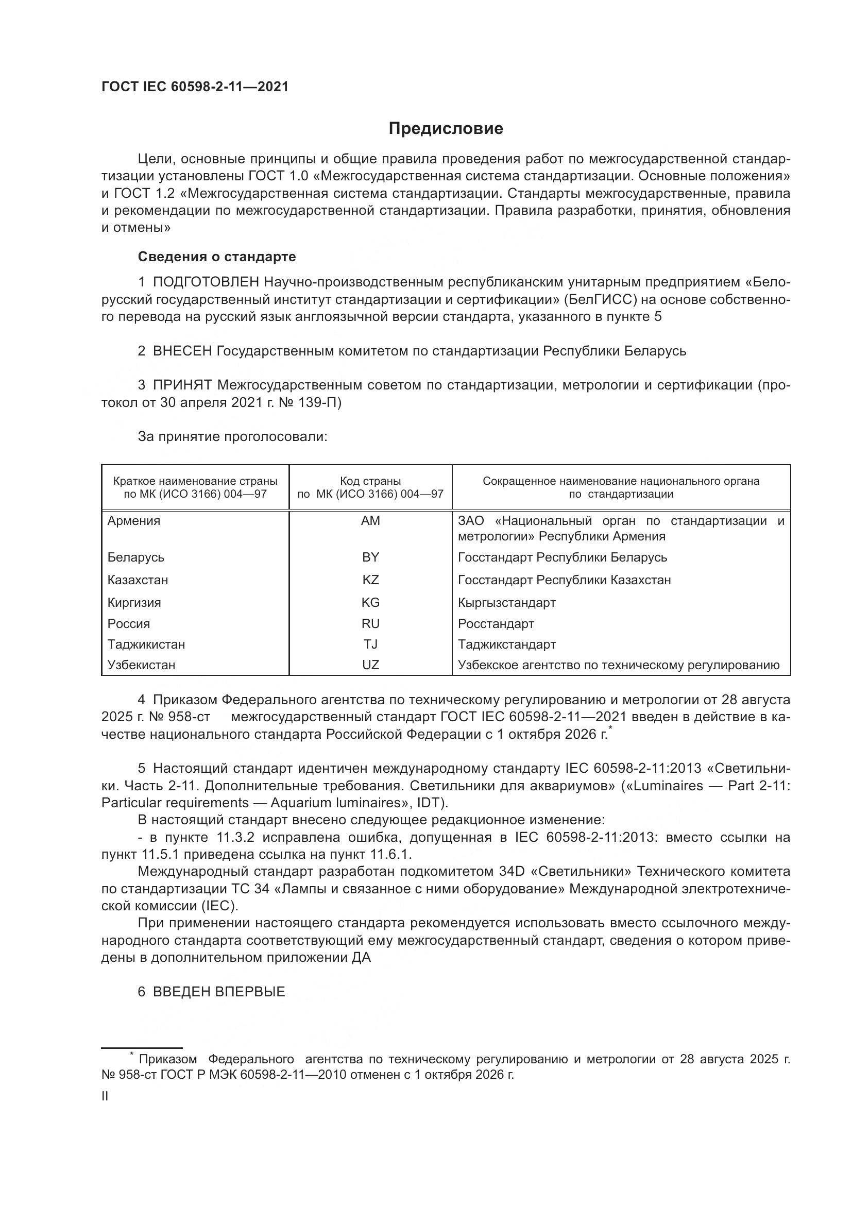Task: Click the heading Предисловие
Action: [446, 129]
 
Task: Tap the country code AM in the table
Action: [370, 521]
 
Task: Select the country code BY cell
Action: [370, 557]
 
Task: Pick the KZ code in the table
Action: [370, 580]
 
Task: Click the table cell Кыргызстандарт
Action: [506, 603]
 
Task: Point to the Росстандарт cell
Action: [496, 623]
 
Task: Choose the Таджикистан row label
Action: [146, 644]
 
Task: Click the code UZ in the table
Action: [370, 665]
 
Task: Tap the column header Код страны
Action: [370, 481]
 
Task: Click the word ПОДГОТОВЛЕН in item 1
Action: [206, 282]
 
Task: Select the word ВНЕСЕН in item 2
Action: [182, 351]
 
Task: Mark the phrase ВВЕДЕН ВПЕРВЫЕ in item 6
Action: [219, 991]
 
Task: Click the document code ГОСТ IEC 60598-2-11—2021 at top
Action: [195, 87]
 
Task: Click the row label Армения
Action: [134, 521]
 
